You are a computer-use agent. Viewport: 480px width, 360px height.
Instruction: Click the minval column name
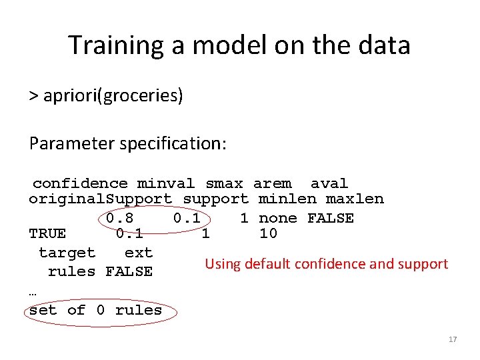click(x=166, y=183)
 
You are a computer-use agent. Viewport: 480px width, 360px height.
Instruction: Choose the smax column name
click(x=225, y=183)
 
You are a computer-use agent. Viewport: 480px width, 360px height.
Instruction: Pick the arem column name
click(x=272, y=183)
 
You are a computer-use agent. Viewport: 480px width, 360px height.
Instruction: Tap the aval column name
click(x=329, y=183)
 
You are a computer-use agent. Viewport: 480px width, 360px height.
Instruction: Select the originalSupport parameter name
click(x=101, y=199)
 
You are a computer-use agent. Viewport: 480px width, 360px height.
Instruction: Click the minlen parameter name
click(x=287, y=199)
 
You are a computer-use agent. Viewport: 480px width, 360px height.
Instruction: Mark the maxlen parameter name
click(x=355, y=199)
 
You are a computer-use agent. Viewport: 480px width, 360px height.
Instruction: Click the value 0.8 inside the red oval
click(x=120, y=218)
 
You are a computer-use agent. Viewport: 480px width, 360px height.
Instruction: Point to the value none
click(x=278, y=218)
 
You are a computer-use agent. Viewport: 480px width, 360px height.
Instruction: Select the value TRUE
click(x=47, y=233)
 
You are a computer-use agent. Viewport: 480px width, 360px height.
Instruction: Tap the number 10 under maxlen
click(x=268, y=233)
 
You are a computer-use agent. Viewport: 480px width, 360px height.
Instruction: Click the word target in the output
click(x=67, y=253)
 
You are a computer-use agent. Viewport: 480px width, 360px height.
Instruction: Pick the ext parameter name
click(x=139, y=253)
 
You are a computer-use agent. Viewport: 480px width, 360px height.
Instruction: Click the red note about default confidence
click(x=326, y=264)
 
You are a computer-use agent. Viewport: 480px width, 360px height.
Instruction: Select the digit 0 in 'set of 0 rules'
click(x=101, y=310)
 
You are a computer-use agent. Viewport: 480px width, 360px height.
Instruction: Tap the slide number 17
click(x=453, y=339)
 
